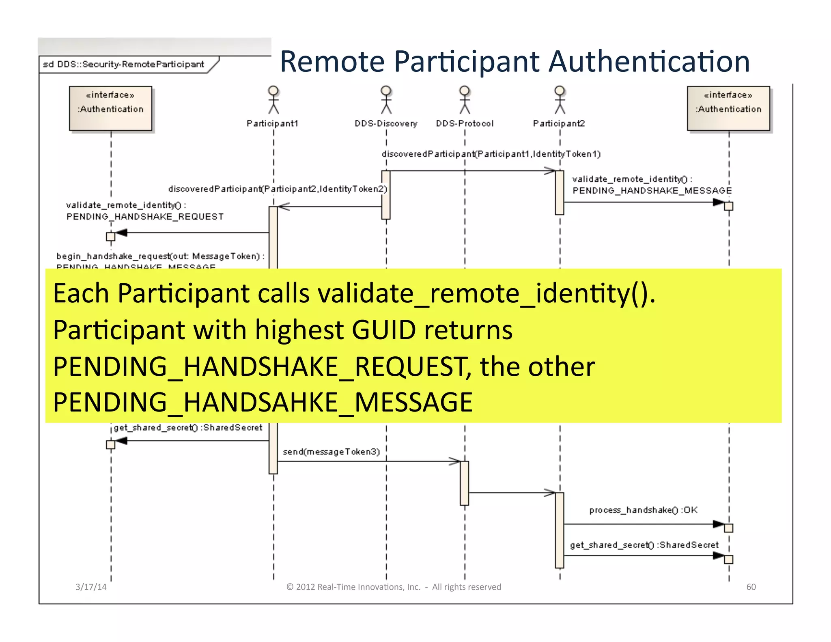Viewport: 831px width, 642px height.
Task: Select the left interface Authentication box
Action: [x=110, y=108]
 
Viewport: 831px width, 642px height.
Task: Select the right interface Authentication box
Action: [x=728, y=108]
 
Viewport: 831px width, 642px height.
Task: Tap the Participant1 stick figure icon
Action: [x=273, y=99]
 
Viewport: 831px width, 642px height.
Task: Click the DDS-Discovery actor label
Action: [x=385, y=123]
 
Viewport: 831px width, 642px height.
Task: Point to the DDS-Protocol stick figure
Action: [x=465, y=99]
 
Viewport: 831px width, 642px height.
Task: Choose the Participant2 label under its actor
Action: [x=559, y=123]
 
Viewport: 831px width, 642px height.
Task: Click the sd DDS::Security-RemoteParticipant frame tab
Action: [x=124, y=65]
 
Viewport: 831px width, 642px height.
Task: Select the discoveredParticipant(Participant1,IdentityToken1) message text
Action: [x=491, y=154]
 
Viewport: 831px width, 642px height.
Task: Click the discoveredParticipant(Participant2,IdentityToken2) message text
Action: [x=278, y=189]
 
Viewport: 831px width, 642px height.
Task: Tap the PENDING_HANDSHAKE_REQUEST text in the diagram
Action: [x=145, y=217]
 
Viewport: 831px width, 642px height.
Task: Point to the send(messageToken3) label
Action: [x=331, y=452]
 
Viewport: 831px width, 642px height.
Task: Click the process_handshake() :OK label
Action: [x=643, y=510]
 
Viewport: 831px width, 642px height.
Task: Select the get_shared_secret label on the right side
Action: [x=644, y=545]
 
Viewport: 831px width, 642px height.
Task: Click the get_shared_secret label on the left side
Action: [x=188, y=427]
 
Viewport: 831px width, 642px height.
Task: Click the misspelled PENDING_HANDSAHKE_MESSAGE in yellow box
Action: [x=263, y=402]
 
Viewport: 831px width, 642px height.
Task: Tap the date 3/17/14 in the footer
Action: [x=91, y=587]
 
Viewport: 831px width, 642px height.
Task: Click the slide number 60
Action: [x=751, y=587]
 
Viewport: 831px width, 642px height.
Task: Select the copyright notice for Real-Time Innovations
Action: [x=394, y=587]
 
